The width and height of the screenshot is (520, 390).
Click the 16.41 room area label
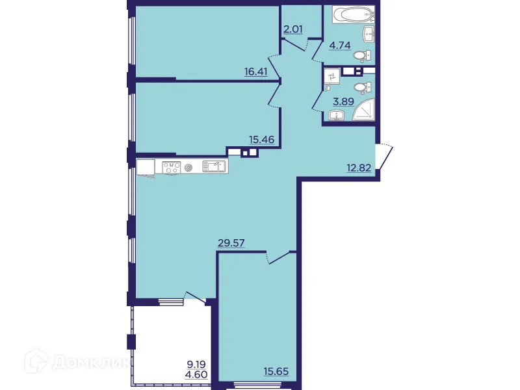click(x=256, y=72)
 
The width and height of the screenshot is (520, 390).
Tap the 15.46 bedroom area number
click(x=261, y=138)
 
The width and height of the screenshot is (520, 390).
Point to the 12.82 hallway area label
click(x=359, y=169)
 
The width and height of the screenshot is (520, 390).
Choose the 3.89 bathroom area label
click(x=343, y=102)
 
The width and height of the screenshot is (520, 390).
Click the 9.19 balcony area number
click(x=194, y=365)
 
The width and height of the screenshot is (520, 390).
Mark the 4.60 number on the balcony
click(x=194, y=375)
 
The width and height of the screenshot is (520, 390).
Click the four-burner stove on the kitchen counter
click(x=171, y=167)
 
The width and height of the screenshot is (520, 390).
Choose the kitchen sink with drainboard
click(x=214, y=166)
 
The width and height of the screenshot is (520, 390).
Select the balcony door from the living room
click(x=193, y=297)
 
